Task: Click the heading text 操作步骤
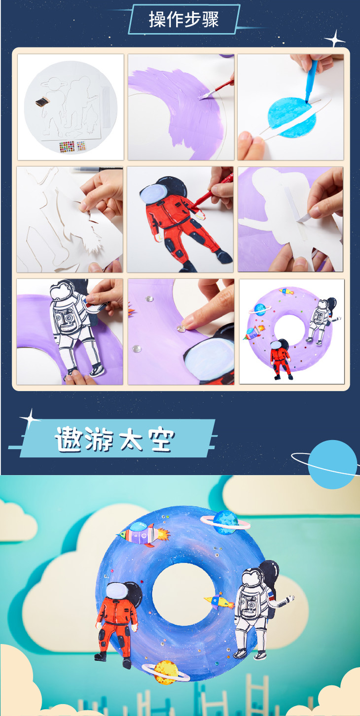[x=183, y=19]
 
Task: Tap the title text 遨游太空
[x=115, y=439]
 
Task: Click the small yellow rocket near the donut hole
[x=219, y=601]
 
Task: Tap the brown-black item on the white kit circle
[x=42, y=102]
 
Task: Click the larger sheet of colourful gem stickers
[x=67, y=147]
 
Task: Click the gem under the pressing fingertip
[x=181, y=328]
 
